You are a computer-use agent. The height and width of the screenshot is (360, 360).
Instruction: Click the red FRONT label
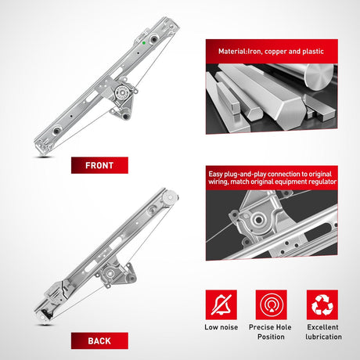tap(99, 165)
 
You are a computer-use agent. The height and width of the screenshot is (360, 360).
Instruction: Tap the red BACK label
tap(99, 340)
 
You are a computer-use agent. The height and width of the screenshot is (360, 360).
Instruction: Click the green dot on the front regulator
tap(144, 43)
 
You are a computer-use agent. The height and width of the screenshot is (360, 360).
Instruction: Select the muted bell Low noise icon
tap(221, 304)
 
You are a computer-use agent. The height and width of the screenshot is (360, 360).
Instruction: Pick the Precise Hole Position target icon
tap(272, 304)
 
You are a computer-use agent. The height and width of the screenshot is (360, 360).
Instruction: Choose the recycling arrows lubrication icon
tap(322, 304)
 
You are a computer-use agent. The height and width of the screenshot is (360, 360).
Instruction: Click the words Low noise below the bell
tap(221, 327)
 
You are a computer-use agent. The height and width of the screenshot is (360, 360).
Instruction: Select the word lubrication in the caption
tap(323, 337)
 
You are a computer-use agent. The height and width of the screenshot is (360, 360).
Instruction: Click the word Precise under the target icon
tap(261, 327)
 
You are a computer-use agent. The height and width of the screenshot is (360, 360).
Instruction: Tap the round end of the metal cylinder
tap(319, 77)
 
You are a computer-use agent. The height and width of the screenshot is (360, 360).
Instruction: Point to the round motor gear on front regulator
tap(122, 92)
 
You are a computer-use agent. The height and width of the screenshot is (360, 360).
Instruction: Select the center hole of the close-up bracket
tap(259, 219)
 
